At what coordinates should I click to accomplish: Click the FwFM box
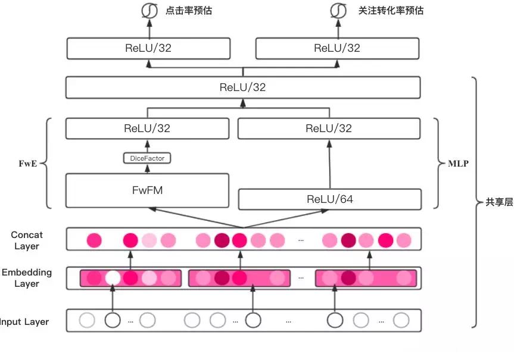[148, 190]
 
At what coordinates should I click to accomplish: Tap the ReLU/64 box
[329, 199]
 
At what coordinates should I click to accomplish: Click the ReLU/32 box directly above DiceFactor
[147, 128]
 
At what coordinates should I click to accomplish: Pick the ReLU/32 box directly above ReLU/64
[329, 128]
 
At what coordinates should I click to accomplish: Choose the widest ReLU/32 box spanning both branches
[242, 87]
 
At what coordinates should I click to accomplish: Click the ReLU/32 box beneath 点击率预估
[148, 48]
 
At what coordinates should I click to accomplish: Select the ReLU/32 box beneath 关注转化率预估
[337, 48]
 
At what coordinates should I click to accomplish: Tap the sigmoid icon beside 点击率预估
[148, 11]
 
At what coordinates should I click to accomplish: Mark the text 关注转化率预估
[391, 11]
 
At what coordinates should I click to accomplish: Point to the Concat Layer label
[27, 240]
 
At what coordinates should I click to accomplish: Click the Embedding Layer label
[27, 278]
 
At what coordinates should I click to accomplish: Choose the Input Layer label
[25, 322]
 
